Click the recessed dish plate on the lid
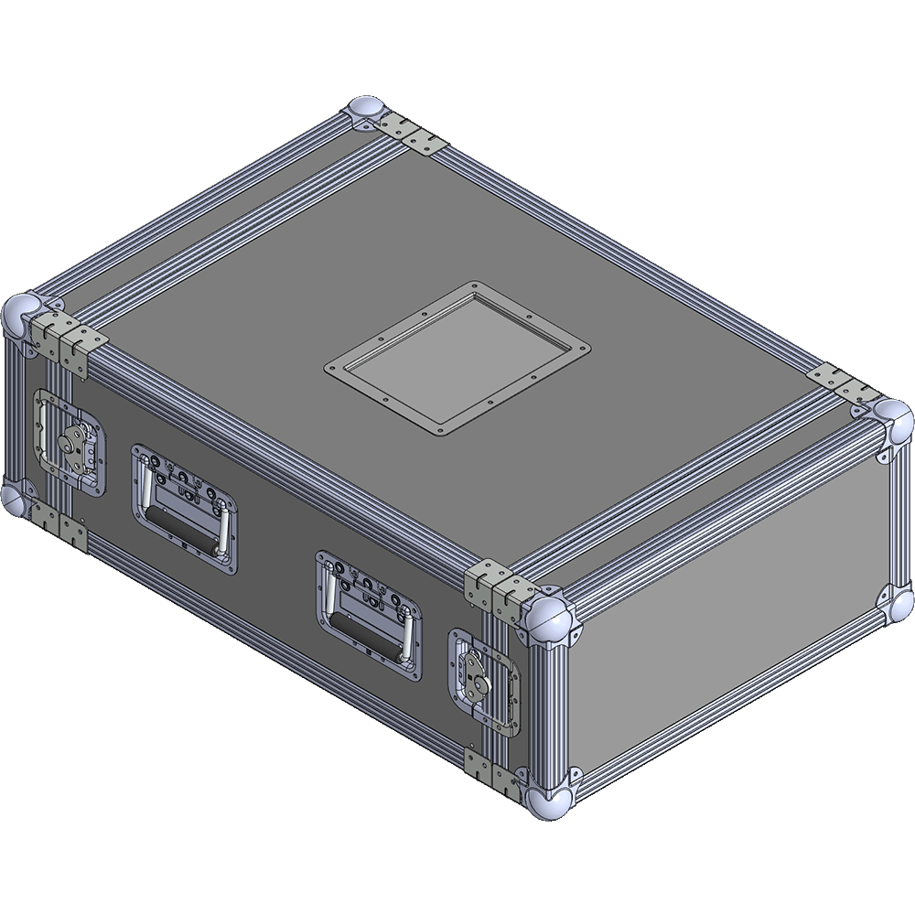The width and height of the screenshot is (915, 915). coord(457,358)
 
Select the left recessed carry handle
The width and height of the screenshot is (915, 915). coord(184,509)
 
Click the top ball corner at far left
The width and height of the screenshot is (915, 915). coord(22,317)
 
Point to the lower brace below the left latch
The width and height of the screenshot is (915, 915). coord(64,529)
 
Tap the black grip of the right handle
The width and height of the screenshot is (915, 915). coord(365,634)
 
